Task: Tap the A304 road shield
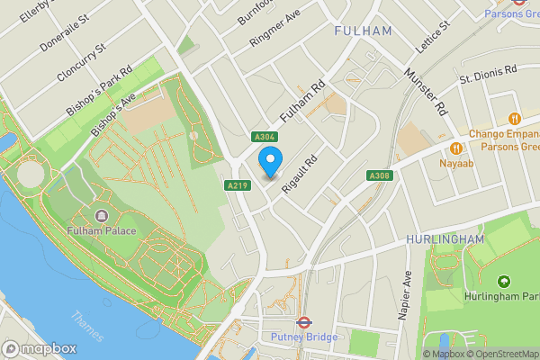pyautogui.click(x=263, y=135)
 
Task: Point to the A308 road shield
pyautogui.click(x=378, y=175)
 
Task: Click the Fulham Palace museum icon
pyautogui.click(x=100, y=215)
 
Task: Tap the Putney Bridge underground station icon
pyautogui.click(x=303, y=321)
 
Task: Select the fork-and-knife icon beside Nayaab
pyautogui.click(x=456, y=148)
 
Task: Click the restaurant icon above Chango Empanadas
pyautogui.click(x=515, y=118)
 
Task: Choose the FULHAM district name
pyautogui.click(x=363, y=31)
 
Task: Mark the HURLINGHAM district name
pyautogui.click(x=445, y=238)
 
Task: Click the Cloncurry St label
pyautogui.click(x=82, y=60)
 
